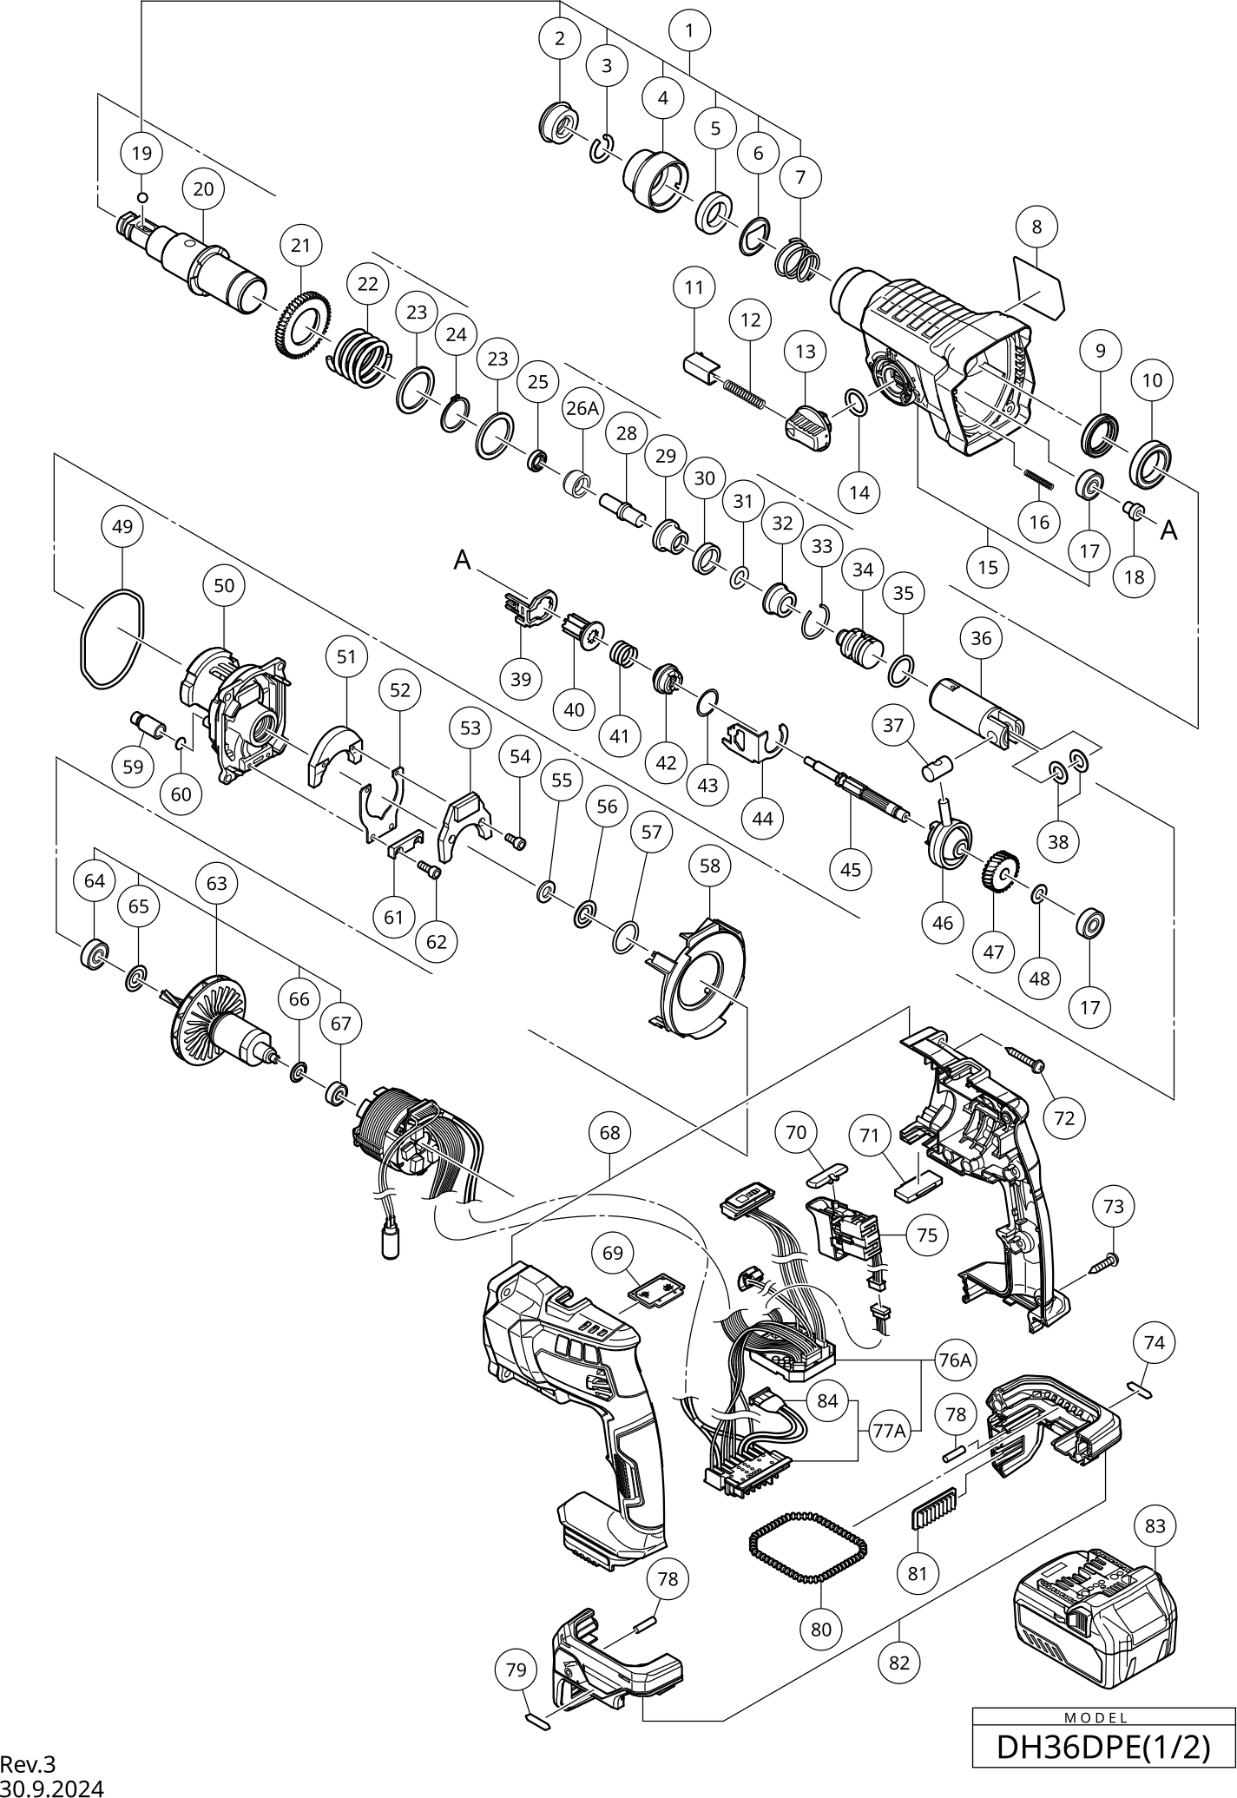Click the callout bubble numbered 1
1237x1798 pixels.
tap(690, 31)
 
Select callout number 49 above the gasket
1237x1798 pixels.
tap(122, 526)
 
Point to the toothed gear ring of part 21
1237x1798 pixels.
tap(305, 331)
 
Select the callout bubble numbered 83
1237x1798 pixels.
tap(1155, 1525)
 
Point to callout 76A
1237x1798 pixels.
tap(953, 1360)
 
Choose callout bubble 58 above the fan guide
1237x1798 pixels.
tap(709, 866)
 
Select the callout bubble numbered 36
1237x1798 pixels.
tap(981, 638)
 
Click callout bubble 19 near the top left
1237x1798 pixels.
tap(141, 154)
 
